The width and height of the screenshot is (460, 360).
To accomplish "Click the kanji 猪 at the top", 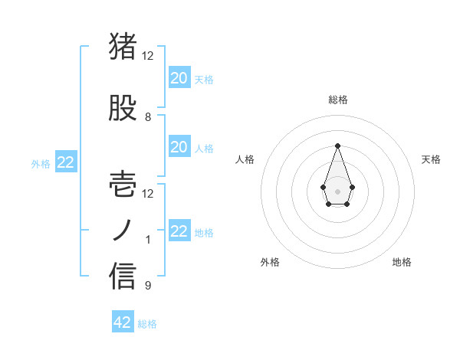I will pos(123,46).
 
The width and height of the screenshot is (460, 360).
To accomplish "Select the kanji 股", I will pos(123,109).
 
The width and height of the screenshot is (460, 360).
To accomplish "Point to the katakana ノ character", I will pos(123,231).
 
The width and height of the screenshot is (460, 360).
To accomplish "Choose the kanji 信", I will pos(123,277).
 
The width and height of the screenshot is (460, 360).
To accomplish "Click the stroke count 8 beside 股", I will pos(148,117).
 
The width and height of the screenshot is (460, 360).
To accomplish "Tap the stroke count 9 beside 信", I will pos(148,286).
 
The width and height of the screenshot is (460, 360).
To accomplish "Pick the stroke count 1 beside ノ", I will pos(148,240).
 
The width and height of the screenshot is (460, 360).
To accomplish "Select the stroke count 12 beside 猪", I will pos(148,56).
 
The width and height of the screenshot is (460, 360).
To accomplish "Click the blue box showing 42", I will pos(123,322).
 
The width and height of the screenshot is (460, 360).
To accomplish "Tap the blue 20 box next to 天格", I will pos(179,77).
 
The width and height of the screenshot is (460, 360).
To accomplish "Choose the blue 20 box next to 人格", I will pos(179,146).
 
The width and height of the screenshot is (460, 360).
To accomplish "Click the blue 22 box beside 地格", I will pos(179,231).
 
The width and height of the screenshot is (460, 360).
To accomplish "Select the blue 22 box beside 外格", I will pos(65,162).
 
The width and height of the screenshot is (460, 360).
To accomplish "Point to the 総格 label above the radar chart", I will pos(338,100).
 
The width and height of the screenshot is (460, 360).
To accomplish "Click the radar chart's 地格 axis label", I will pos(402,262).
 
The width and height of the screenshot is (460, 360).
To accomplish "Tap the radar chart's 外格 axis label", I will pos(271,262).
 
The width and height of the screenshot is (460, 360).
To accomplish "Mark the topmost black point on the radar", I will pos(337,146).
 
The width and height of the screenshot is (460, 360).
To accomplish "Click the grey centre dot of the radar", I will pos(337,191).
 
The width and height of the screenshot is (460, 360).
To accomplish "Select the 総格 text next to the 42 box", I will pos(147,324).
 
